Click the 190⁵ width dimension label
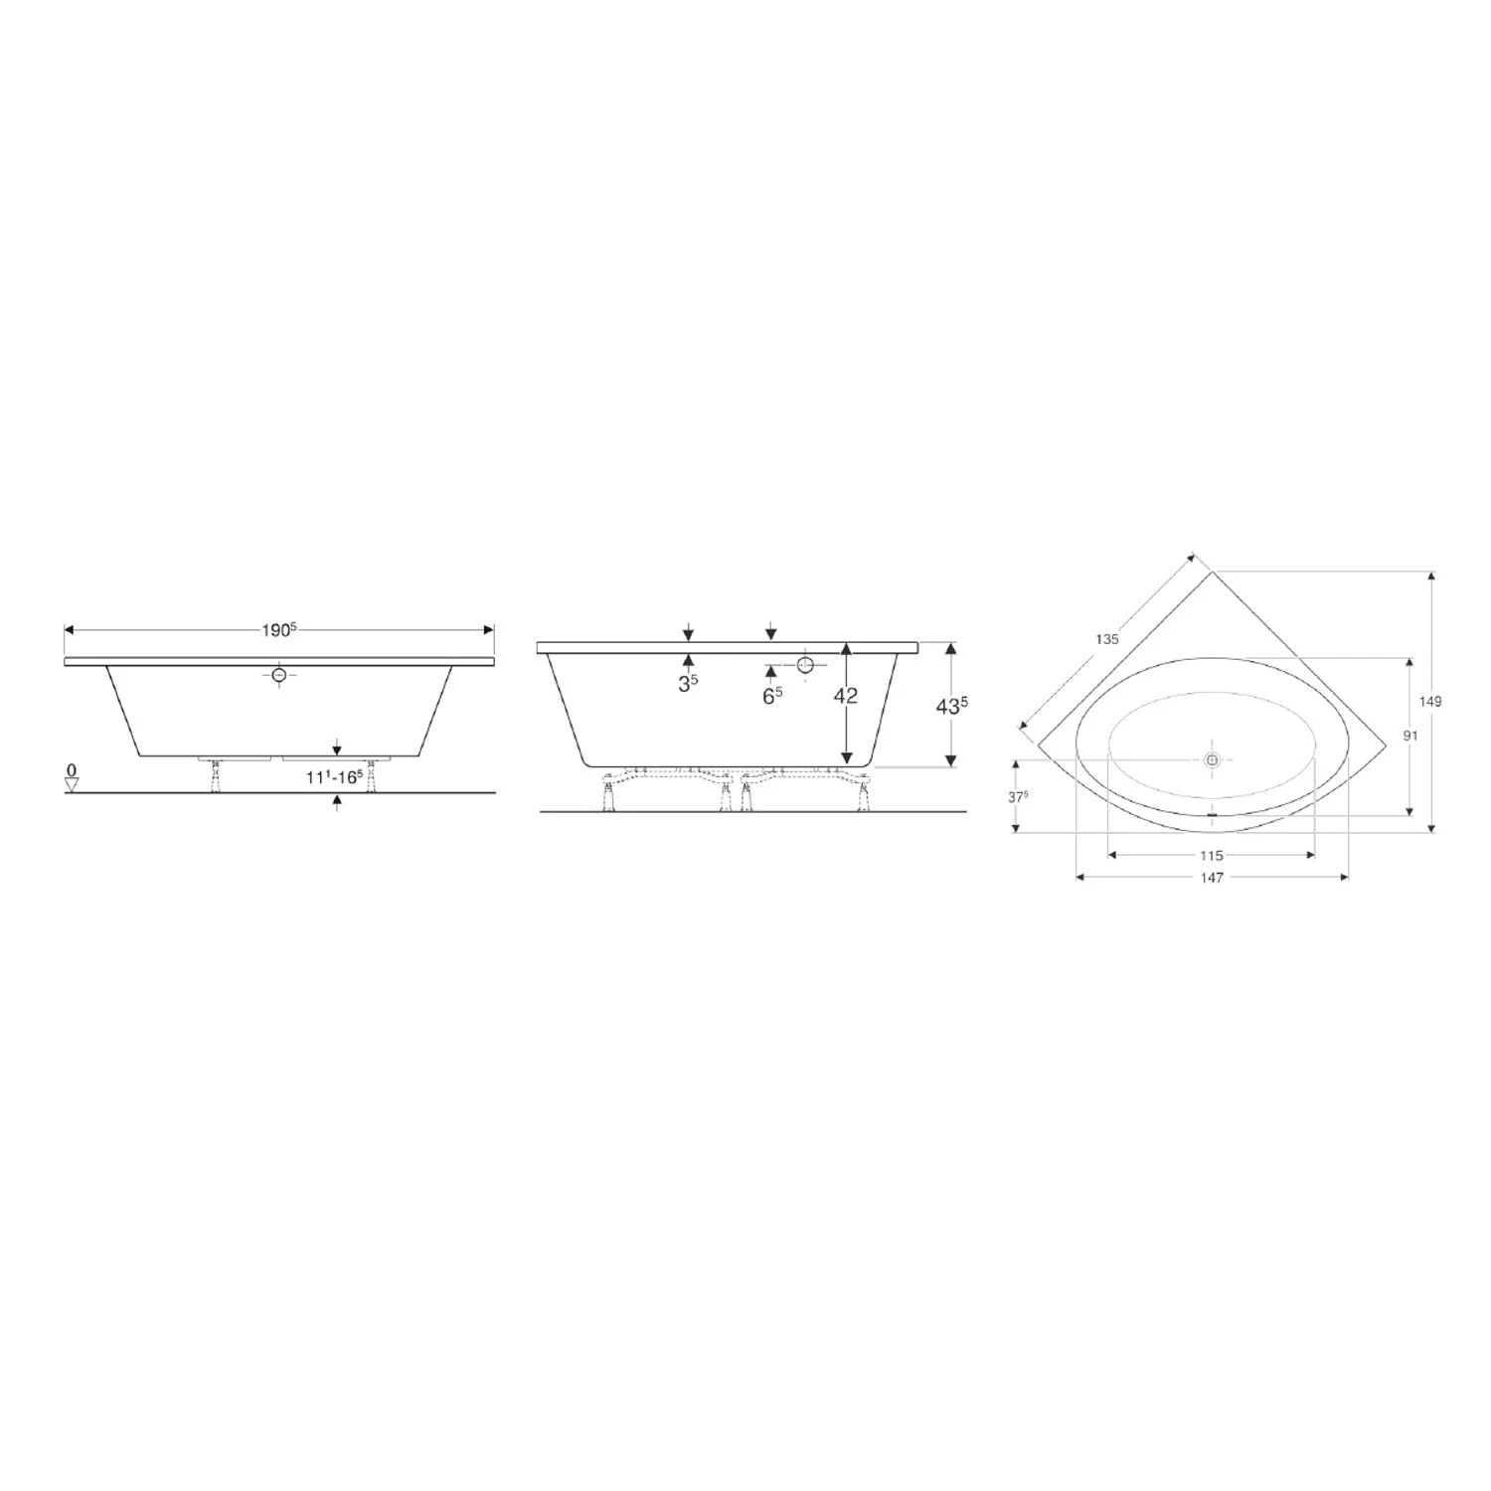click(x=279, y=630)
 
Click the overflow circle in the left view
click(x=279, y=675)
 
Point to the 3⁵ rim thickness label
click(x=688, y=684)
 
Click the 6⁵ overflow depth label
click(x=771, y=696)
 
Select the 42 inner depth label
click(x=845, y=696)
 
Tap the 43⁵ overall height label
click(x=952, y=706)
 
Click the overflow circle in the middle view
click(x=805, y=664)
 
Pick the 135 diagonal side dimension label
click(x=1107, y=639)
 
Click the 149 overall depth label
click(x=1430, y=701)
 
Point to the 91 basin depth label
click(x=1409, y=736)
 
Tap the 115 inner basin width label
click(x=1211, y=855)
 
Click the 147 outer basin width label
click(x=1211, y=877)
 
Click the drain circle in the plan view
click(x=1212, y=759)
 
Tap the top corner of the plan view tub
click(x=1212, y=573)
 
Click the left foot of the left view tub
click(x=216, y=777)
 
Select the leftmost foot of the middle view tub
click(x=606, y=797)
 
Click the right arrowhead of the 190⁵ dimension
click(x=488, y=630)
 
